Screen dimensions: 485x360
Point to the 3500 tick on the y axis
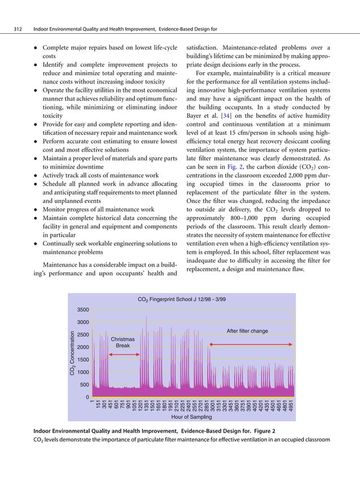pyautogui.click(x=84, y=310)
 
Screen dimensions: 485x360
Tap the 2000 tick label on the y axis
pyautogui.click(x=84, y=347)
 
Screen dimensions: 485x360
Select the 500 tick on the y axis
pyautogui.click(x=86, y=385)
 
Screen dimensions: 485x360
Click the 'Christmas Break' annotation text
pyautogui.click(x=123, y=342)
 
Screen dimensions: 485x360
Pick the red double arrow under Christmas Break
pyautogui.click(x=125, y=354)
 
